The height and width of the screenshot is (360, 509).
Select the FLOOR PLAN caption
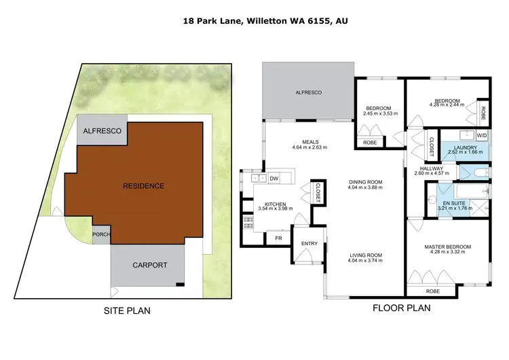click(x=401, y=307)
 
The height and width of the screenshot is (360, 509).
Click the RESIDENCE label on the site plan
click(x=143, y=185)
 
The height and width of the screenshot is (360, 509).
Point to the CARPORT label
click(x=150, y=266)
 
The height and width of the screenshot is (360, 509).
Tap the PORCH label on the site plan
click(x=100, y=235)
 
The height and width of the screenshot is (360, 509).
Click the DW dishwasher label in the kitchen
click(x=274, y=179)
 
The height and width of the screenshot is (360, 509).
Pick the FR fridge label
click(x=278, y=238)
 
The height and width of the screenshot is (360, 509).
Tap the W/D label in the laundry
click(x=482, y=134)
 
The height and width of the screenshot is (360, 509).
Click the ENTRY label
click(x=309, y=244)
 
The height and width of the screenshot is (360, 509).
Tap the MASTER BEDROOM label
click(x=447, y=247)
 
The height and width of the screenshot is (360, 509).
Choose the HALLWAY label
click(x=432, y=168)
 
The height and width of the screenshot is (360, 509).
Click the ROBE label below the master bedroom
click(x=433, y=291)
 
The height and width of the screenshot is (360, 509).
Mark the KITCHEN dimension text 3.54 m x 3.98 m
click(x=275, y=209)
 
